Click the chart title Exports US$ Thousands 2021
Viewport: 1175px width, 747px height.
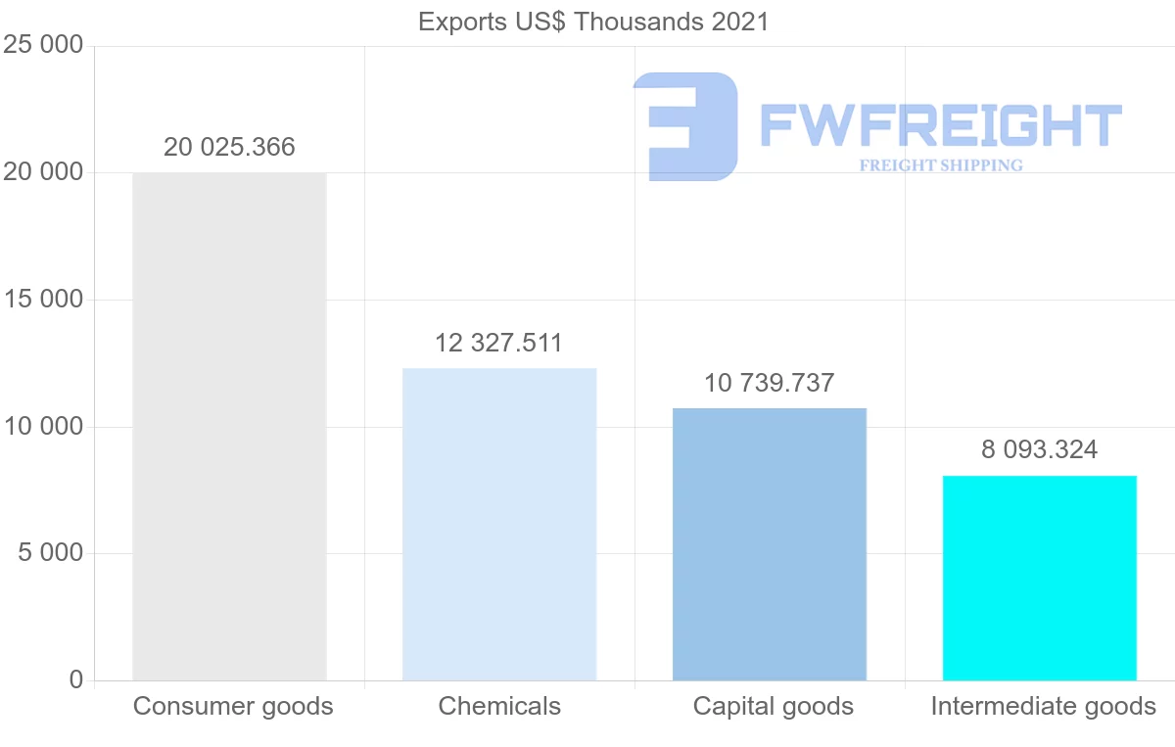[x=593, y=21]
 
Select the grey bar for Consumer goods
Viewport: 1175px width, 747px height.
[x=229, y=427]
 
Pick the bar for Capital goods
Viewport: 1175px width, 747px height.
[x=770, y=544]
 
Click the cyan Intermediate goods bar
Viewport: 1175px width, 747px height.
[x=1039, y=578]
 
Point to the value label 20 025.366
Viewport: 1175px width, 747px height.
[x=229, y=147]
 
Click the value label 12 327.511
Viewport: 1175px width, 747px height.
[x=499, y=343]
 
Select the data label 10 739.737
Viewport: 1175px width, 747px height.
[x=770, y=383]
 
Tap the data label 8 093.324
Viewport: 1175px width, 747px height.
[x=1039, y=449]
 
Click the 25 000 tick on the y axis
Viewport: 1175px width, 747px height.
[x=43, y=46]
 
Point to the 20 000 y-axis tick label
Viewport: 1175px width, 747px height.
[x=43, y=172]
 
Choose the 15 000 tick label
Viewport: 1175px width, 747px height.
[x=43, y=300]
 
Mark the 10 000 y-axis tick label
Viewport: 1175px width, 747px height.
[x=43, y=427]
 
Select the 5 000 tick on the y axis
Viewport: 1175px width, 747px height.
[x=50, y=553]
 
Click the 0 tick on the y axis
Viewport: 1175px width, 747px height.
[x=76, y=680]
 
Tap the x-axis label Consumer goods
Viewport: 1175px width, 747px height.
[x=233, y=706]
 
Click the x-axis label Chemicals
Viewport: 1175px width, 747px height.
[x=499, y=706]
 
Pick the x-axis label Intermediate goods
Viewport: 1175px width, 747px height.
[x=1043, y=706]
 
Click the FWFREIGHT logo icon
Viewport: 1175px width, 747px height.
[x=685, y=126]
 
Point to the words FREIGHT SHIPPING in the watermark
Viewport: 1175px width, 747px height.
[x=941, y=165]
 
